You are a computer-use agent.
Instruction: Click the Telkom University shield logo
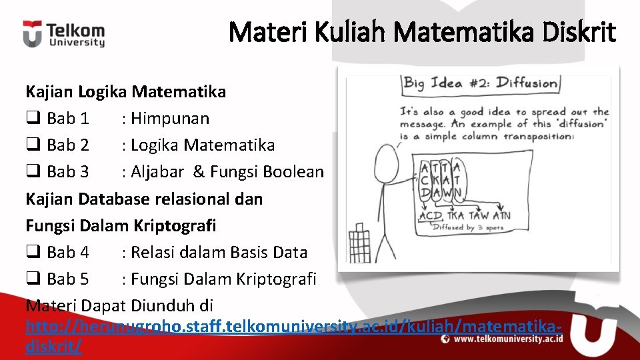pos(32,34)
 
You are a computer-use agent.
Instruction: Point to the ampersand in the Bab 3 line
pos(199,172)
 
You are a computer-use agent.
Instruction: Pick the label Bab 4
pos(68,253)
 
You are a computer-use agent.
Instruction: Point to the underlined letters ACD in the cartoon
pos(431,215)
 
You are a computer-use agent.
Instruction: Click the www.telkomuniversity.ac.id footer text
pos(509,339)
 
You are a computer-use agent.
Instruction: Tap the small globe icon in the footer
pos(445,339)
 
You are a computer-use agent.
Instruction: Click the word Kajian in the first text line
pos(50,91)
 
